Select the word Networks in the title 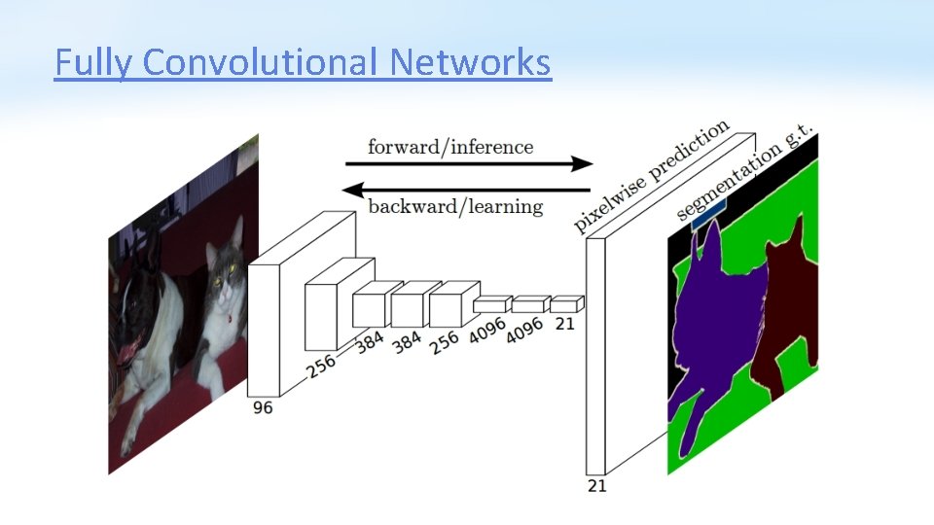point(470,63)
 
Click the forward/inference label point(450,147)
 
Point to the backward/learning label point(455,206)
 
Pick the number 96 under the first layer point(263,408)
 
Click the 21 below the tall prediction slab point(596,485)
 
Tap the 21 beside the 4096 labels point(564,324)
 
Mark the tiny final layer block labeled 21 point(566,304)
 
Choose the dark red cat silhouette point(786,311)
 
